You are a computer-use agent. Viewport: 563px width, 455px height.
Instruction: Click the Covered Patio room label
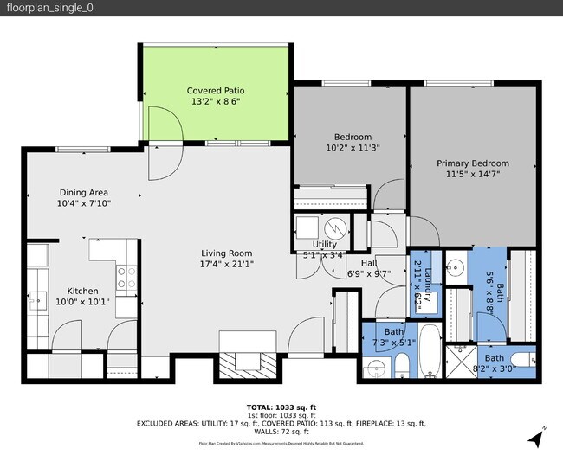(216, 90)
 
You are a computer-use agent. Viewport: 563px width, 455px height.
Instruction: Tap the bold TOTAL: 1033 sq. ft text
(281, 406)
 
